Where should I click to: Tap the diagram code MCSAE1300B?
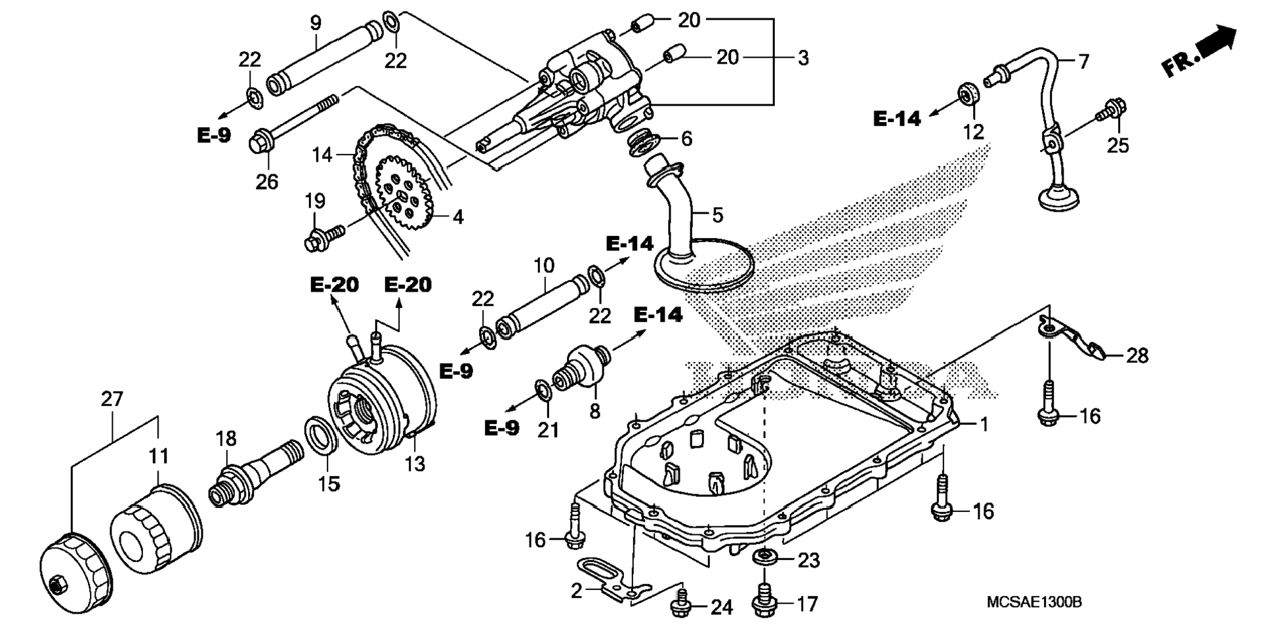[x=1034, y=602]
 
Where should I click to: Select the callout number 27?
[x=112, y=399]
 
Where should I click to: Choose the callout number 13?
[x=415, y=464]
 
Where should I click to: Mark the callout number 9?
[x=316, y=24]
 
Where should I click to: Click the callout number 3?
[x=803, y=58]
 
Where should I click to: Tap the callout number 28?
[x=1137, y=355]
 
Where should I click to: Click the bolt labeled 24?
[x=681, y=606]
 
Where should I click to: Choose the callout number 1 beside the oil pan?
[x=984, y=424]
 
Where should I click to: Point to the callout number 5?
[x=717, y=214]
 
